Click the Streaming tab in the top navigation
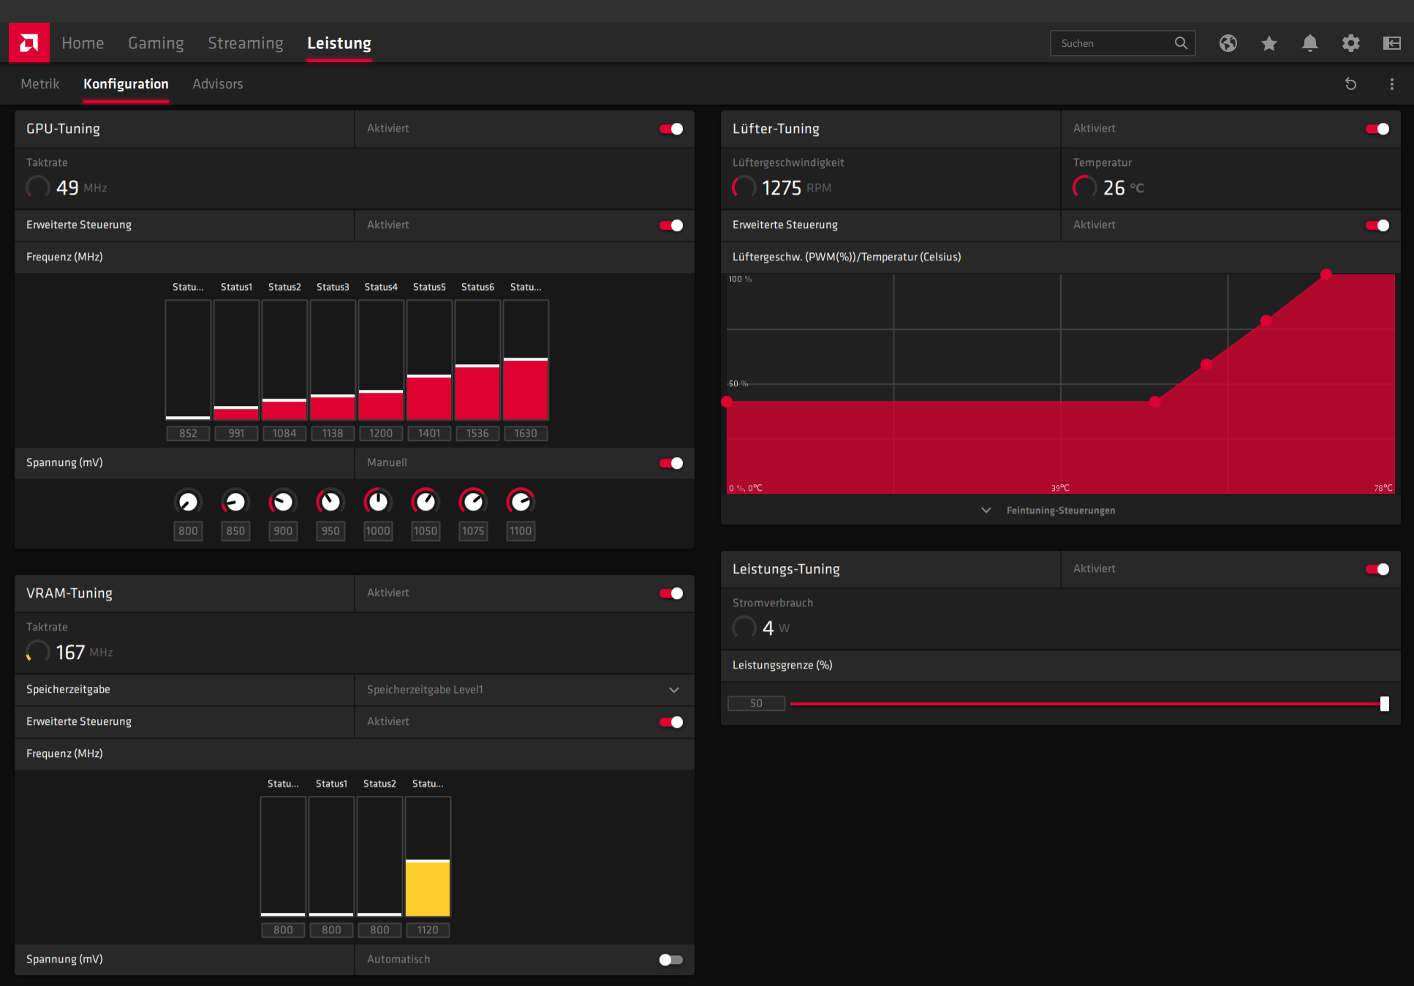pyautogui.click(x=245, y=43)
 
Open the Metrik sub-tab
pyautogui.click(x=40, y=84)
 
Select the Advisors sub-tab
pyautogui.click(x=217, y=84)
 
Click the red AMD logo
pyautogui.click(x=29, y=43)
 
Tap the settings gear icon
pyautogui.click(x=1350, y=43)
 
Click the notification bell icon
pyautogui.click(x=1309, y=43)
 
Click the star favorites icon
pyautogui.click(x=1269, y=43)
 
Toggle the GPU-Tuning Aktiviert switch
pyautogui.click(x=671, y=129)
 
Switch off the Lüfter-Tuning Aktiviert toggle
pyautogui.click(x=1377, y=129)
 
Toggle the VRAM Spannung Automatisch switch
pyautogui.click(x=671, y=960)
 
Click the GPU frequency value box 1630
pyautogui.click(x=526, y=433)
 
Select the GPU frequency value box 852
pyautogui.click(x=188, y=433)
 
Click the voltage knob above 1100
pyautogui.click(x=521, y=502)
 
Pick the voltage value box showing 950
pyautogui.click(x=330, y=531)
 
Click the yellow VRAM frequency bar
pyautogui.click(x=428, y=888)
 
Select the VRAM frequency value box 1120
pyautogui.click(x=428, y=930)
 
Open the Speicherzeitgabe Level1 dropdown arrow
pyautogui.click(x=674, y=690)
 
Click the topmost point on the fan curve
pyautogui.click(x=1326, y=274)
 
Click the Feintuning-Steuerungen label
pyautogui.click(x=1061, y=511)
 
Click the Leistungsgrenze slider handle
pyautogui.click(x=1384, y=704)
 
